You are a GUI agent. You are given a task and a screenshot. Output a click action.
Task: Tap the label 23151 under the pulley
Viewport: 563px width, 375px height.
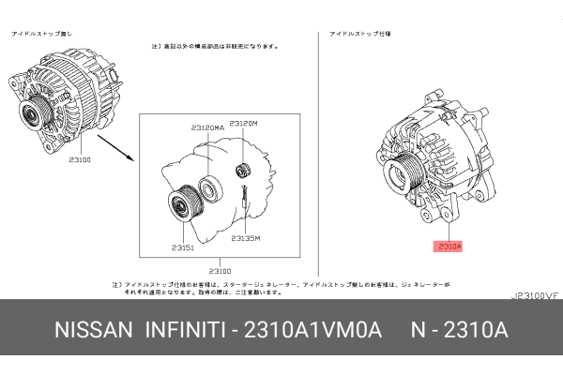click(x=182, y=247)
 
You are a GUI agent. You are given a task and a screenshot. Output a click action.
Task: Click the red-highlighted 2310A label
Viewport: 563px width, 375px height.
click(x=449, y=247)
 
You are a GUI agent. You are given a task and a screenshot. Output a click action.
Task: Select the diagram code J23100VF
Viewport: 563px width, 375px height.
click(x=534, y=294)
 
